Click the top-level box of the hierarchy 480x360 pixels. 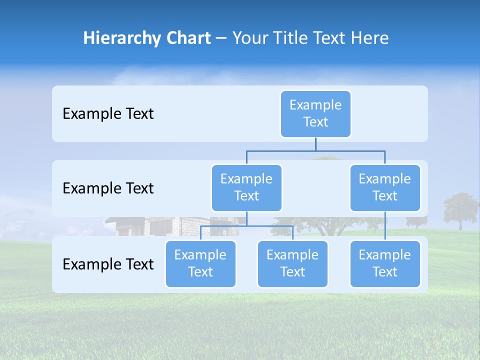(315, 113)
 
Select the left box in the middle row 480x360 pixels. (246, 187)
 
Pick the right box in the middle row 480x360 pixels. (385, 187)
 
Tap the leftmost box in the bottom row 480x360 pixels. (200, 263)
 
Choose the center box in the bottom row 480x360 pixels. (292, 263)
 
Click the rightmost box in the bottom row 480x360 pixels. (385, 263)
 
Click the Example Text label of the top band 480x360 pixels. (108, 113)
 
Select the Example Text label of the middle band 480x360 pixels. (108, 188)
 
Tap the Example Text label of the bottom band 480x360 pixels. (108, 264)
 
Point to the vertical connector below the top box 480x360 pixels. (315, 144)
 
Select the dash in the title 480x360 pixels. (221, 38)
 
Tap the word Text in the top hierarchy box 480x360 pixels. (315, 122)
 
